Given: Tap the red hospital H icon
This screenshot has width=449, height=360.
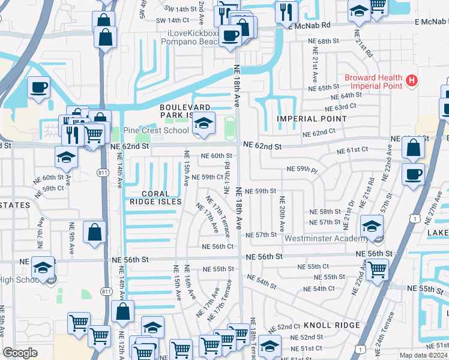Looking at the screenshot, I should (412, 80).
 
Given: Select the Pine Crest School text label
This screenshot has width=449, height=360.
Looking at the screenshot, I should (155, 130).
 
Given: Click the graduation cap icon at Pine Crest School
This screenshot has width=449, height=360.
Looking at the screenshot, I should (203, 124).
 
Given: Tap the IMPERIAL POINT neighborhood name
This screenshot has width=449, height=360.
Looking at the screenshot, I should (312, 119).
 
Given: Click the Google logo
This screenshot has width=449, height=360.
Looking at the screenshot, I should (20, 353).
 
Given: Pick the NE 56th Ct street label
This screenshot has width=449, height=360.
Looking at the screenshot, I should (217, 247).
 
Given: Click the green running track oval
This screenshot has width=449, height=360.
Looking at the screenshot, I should (229, 127).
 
